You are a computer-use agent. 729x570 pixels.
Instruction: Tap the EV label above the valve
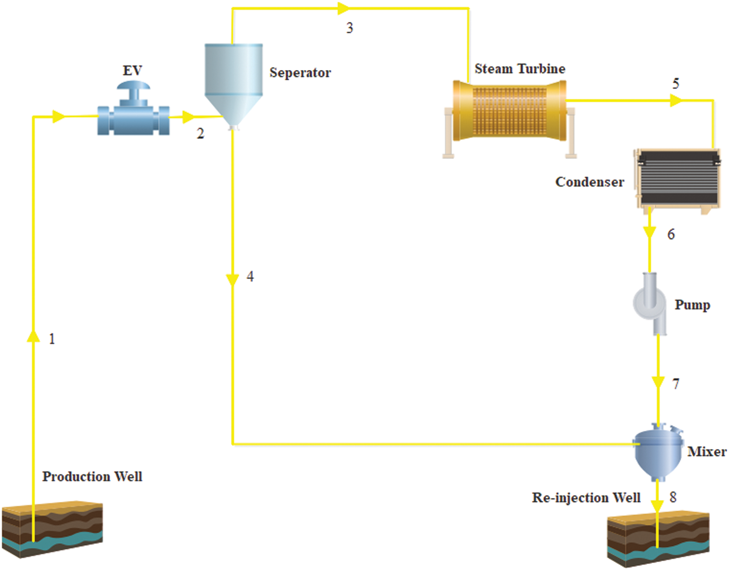tap(132, 71)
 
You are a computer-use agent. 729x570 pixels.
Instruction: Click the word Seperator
tap(300, 73)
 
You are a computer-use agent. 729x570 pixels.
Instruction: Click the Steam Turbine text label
tap(520, 69)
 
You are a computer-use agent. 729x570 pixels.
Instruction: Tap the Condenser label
tap(590, 182)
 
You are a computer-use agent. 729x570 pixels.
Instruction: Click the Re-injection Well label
tap(586, 498)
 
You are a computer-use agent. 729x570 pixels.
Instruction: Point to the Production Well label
tap(92, 476)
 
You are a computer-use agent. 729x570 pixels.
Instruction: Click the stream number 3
tap(349, 28)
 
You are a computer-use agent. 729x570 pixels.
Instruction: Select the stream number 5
tap(676, 84)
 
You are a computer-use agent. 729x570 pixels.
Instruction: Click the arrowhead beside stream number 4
tap(232, 280)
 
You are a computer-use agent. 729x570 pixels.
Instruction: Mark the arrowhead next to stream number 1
tap(33, 336)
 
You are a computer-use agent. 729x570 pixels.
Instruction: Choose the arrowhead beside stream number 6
tap(650, 232)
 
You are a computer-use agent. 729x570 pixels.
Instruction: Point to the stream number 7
tap(676, 384)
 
